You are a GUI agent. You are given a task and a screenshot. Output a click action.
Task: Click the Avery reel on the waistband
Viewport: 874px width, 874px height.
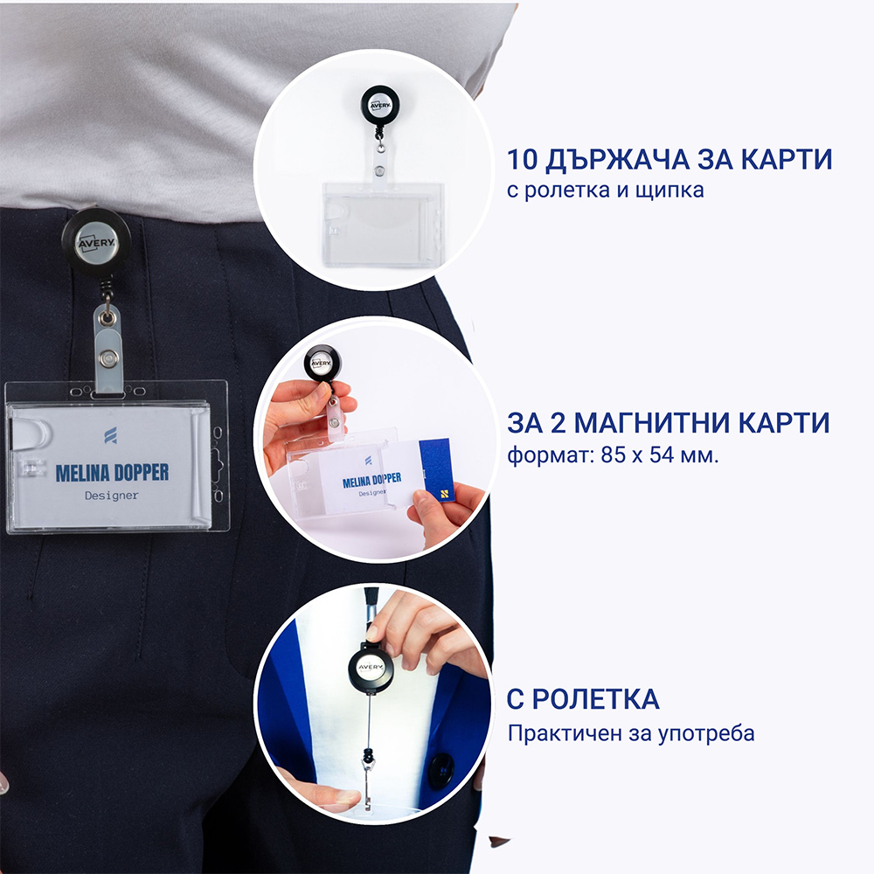(x=96, y=243)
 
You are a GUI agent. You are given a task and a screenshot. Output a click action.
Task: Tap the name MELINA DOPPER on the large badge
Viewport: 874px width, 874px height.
(x=112, y=473)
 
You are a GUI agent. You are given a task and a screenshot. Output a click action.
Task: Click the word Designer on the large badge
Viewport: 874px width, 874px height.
(x=112, y=495)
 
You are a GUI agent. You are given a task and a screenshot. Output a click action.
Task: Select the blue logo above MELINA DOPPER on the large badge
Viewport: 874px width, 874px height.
(x=110, y=435)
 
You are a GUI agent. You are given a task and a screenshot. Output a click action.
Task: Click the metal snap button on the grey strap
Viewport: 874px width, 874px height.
(x=106, y=357)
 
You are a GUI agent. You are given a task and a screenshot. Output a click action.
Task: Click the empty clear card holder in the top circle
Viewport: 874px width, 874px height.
(x=384, y=223)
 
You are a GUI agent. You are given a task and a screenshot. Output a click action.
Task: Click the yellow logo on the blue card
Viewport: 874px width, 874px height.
(x=444, y=493)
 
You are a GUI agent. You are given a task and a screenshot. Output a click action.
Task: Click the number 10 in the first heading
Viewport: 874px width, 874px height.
(x=522, y=159)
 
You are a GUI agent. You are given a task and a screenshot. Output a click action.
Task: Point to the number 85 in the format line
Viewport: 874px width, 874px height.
(x=614, y=455)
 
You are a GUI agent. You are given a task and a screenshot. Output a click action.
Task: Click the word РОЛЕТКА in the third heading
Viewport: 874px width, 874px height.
(x=595, y=699)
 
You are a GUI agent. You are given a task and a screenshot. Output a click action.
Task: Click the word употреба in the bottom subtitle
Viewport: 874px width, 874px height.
(x=706, y=734)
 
